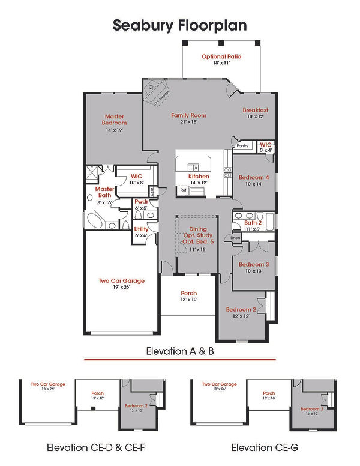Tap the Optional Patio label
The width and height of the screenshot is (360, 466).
(x=221, y=56)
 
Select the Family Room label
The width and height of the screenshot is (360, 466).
(x=188, y=115)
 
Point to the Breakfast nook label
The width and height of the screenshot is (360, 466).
(x=255, y=110)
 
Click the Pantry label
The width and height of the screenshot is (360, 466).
(x=242, y=146)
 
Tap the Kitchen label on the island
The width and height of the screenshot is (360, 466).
(x=199, y=177)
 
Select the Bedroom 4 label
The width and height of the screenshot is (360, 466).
(x=254, y=178)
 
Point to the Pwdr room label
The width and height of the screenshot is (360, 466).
(x=141, y=202)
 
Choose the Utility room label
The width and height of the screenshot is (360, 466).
(x=141, y=229)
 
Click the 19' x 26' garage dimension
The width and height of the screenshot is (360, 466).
(x=121, y=287)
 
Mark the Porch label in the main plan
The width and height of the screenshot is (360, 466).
(x=188, y=294)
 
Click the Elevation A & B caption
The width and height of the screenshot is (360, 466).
(x=180, y=351)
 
